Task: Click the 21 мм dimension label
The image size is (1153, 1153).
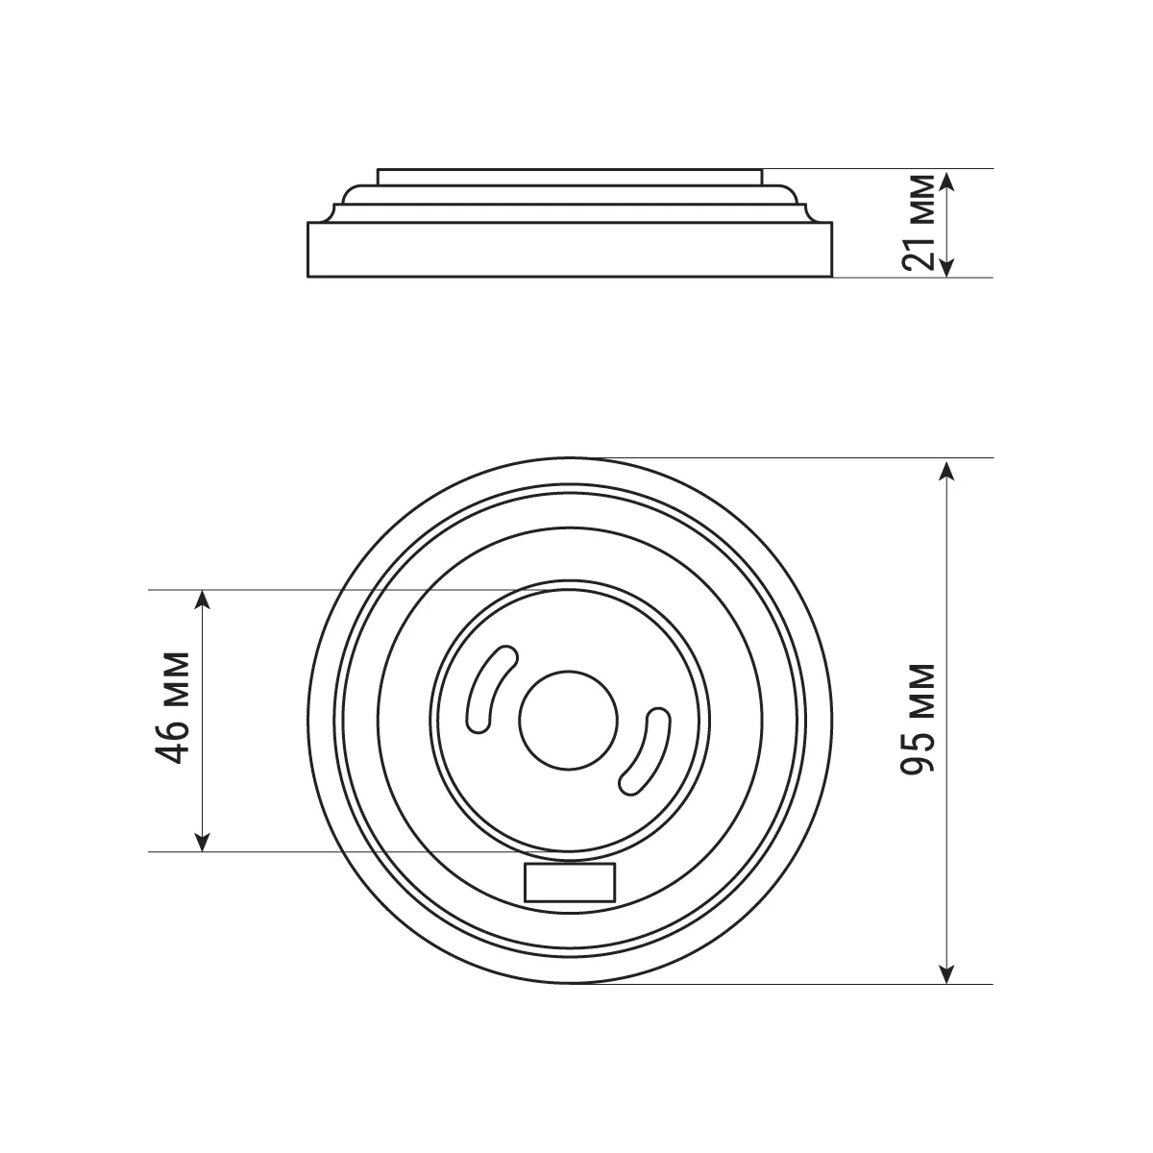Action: click(919, 223)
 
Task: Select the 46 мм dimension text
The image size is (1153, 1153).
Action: click(172, 708)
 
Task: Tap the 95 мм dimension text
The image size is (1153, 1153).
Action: click(919, 720)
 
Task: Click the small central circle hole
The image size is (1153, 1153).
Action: click(569, 721)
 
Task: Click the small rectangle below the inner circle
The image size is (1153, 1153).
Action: click(570, 883)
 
